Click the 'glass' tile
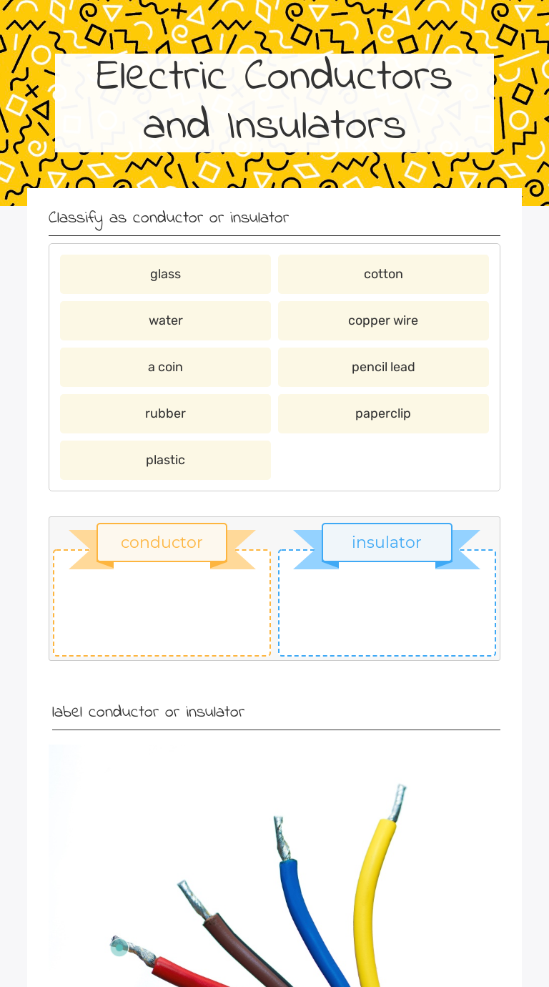point(165,274)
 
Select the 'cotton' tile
point(383,274)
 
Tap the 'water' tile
point(165,320)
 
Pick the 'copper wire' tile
point(383,320)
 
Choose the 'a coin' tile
point(165,367)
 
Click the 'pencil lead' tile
point(383,367)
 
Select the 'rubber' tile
point(165,413)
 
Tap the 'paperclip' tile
point(383,413)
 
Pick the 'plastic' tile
point(165,460)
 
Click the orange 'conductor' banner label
point(162,542)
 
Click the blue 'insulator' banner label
point(387,542)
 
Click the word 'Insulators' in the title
point(317,125)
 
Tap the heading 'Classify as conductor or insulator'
point(169,217)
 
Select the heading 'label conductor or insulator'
point(148,712)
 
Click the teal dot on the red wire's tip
point(119,948)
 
